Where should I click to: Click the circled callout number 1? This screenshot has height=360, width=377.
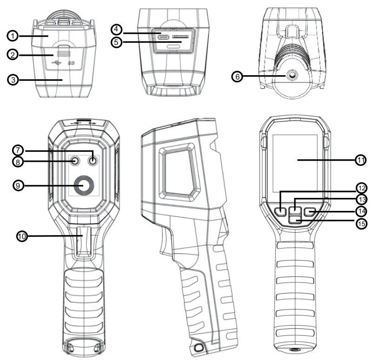point(13,35)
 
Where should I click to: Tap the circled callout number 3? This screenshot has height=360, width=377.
point(13,79)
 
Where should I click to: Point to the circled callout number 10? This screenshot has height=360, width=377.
point(22,236)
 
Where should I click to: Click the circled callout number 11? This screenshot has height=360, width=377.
point(361,160)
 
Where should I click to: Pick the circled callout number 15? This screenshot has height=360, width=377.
point(361,223)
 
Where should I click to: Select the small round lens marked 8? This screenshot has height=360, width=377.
point(75,162)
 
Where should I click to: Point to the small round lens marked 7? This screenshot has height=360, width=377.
point(94,162)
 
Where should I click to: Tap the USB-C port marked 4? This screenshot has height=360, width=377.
point(164,36)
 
